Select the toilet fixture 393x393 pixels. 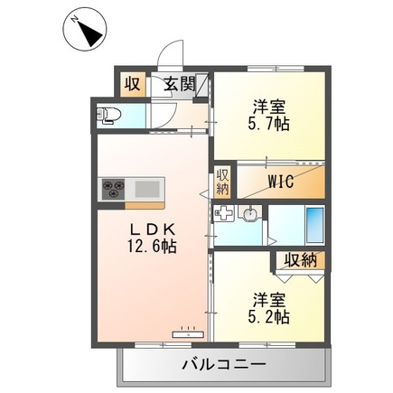(x=110, y=115)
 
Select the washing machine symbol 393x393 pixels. (x=223, y=215)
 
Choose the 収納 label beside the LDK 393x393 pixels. (x=222, y=182)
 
